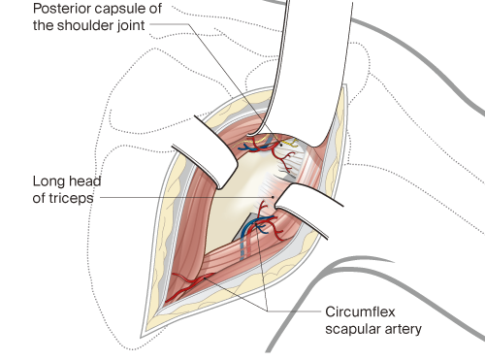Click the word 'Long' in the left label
click(x=49, y=180)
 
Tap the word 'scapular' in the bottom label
click(x=350, y=330)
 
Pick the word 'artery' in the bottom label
click(x=403, y=330)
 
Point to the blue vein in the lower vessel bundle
click(x=254, y=234)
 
